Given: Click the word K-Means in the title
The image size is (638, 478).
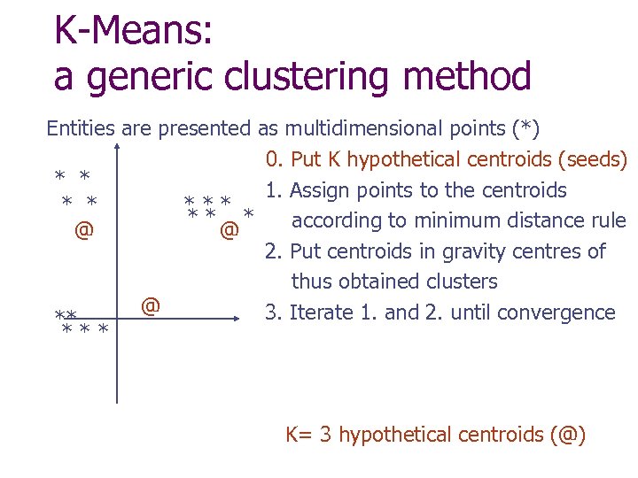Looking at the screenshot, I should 134,32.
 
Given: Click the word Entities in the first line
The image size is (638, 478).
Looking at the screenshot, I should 81,128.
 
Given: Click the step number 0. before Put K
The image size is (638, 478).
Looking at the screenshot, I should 273,160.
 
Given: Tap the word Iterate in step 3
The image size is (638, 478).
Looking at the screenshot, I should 321,312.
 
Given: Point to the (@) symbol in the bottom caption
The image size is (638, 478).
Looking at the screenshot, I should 568,435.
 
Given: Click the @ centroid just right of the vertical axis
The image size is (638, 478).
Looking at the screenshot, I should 151,306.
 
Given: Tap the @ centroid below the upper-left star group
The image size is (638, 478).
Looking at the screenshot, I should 83,231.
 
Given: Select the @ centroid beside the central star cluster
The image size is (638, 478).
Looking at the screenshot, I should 229,231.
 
